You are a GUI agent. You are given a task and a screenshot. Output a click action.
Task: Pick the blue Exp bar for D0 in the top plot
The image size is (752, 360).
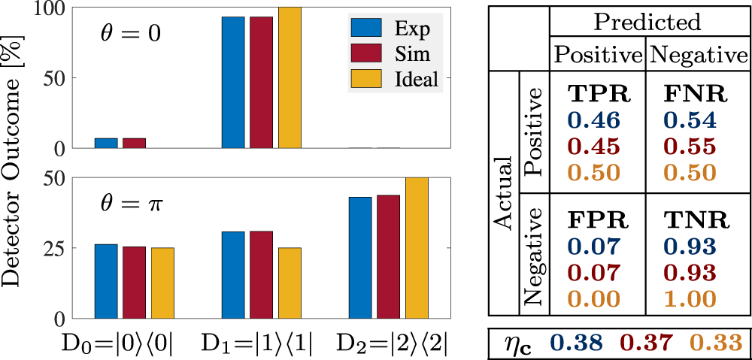click(x=106, y=144)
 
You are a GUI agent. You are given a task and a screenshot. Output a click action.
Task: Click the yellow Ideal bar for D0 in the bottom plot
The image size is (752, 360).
click(x=162, y=283)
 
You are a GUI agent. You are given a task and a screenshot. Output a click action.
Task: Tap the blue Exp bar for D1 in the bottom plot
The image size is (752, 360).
click(x=233, y=274)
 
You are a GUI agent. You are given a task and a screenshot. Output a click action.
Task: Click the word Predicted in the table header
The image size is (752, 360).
click(x=647, y=22)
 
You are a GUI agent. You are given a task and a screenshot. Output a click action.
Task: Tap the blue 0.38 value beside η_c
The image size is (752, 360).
click(x=576, y=342)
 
